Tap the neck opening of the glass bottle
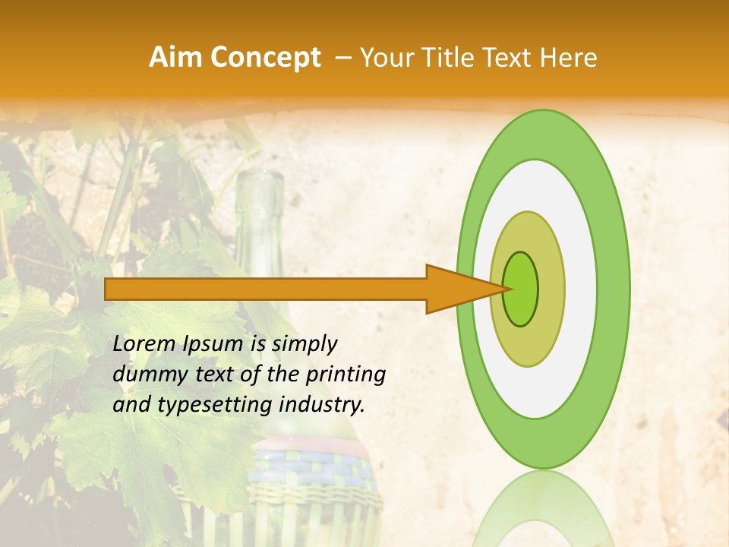click(x=259, y=179)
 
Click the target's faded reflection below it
click(x=543, y=509)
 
